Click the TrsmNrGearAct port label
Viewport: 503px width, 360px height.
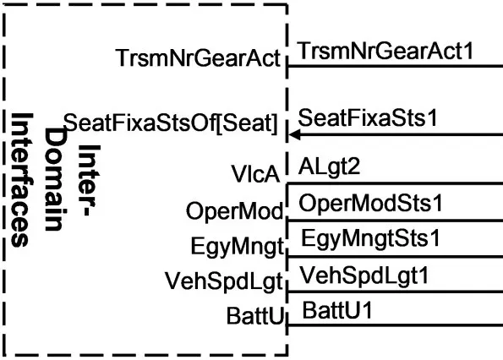pos(198,57)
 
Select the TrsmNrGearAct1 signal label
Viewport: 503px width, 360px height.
pos(385,52)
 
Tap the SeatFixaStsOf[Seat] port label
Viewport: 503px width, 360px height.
pos(170,123)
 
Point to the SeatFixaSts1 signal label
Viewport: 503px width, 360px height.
pos(368,117)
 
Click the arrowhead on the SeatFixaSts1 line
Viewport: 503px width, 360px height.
pos(293,135)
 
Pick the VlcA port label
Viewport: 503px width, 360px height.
pos(255,174)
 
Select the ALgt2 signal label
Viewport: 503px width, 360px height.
pos(329,167)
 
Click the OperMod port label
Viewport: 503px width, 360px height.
pos(234,211)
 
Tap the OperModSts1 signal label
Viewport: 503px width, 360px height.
pos(370,203)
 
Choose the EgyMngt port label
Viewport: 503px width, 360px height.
pos(238,247)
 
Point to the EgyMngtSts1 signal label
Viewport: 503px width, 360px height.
pos(370,239)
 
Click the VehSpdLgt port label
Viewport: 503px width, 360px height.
pos(223,281)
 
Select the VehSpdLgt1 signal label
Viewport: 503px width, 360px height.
pos(364,275)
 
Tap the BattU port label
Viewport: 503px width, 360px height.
pos(255,315)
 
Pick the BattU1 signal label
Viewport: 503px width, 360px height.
pos(336,310)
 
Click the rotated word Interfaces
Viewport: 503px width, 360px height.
pos(22,179)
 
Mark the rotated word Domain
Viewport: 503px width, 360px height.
pos(55,179)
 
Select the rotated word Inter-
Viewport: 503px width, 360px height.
pos(89,180)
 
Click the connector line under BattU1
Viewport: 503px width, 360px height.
pos(395,325)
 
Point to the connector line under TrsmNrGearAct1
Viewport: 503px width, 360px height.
pos(395,67)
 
